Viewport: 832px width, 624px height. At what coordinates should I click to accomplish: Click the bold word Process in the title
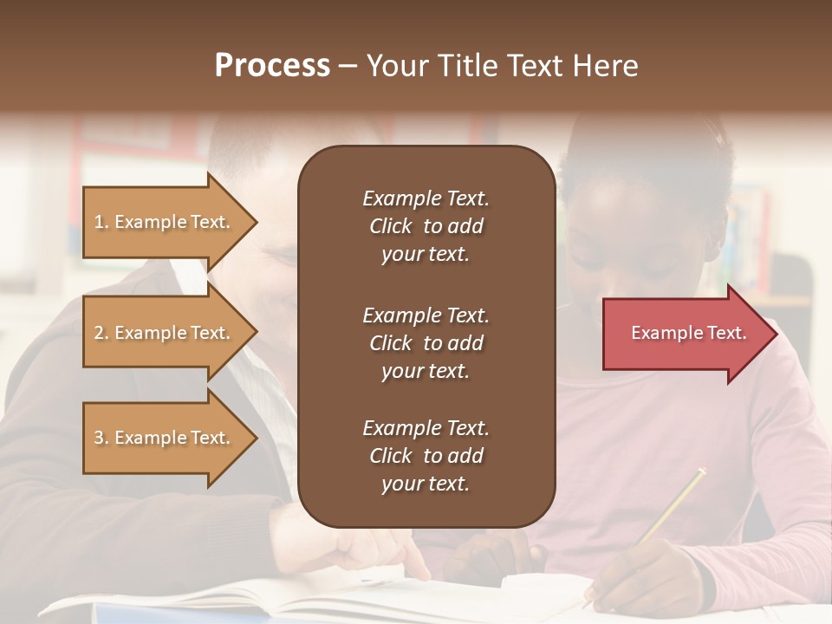[x=272, y=66]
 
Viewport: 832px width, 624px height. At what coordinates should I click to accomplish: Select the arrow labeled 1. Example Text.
[x=165, y=222]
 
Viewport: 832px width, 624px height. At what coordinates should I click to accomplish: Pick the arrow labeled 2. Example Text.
[x=165, y=333]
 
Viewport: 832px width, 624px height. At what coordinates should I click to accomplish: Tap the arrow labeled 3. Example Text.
[x=165, y=438]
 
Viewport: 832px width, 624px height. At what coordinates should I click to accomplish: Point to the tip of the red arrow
[x=776, y=334]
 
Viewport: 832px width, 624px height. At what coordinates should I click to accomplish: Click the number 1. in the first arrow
[x=101, y=223]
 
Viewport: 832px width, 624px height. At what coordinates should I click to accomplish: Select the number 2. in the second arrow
[x=101, y=334]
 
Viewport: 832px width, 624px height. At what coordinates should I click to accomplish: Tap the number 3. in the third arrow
[x=101, y=439]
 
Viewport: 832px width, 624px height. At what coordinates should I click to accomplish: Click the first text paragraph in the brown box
[x=426, y=226]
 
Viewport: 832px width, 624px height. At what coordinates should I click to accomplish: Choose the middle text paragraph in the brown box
[x=426, y=343]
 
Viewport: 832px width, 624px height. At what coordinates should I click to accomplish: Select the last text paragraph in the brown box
[x=426, y=456]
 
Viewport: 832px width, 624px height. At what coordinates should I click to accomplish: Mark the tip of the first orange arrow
[x=257, y=223]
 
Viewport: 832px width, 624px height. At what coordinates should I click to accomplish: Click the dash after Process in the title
[x=348, y=66]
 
